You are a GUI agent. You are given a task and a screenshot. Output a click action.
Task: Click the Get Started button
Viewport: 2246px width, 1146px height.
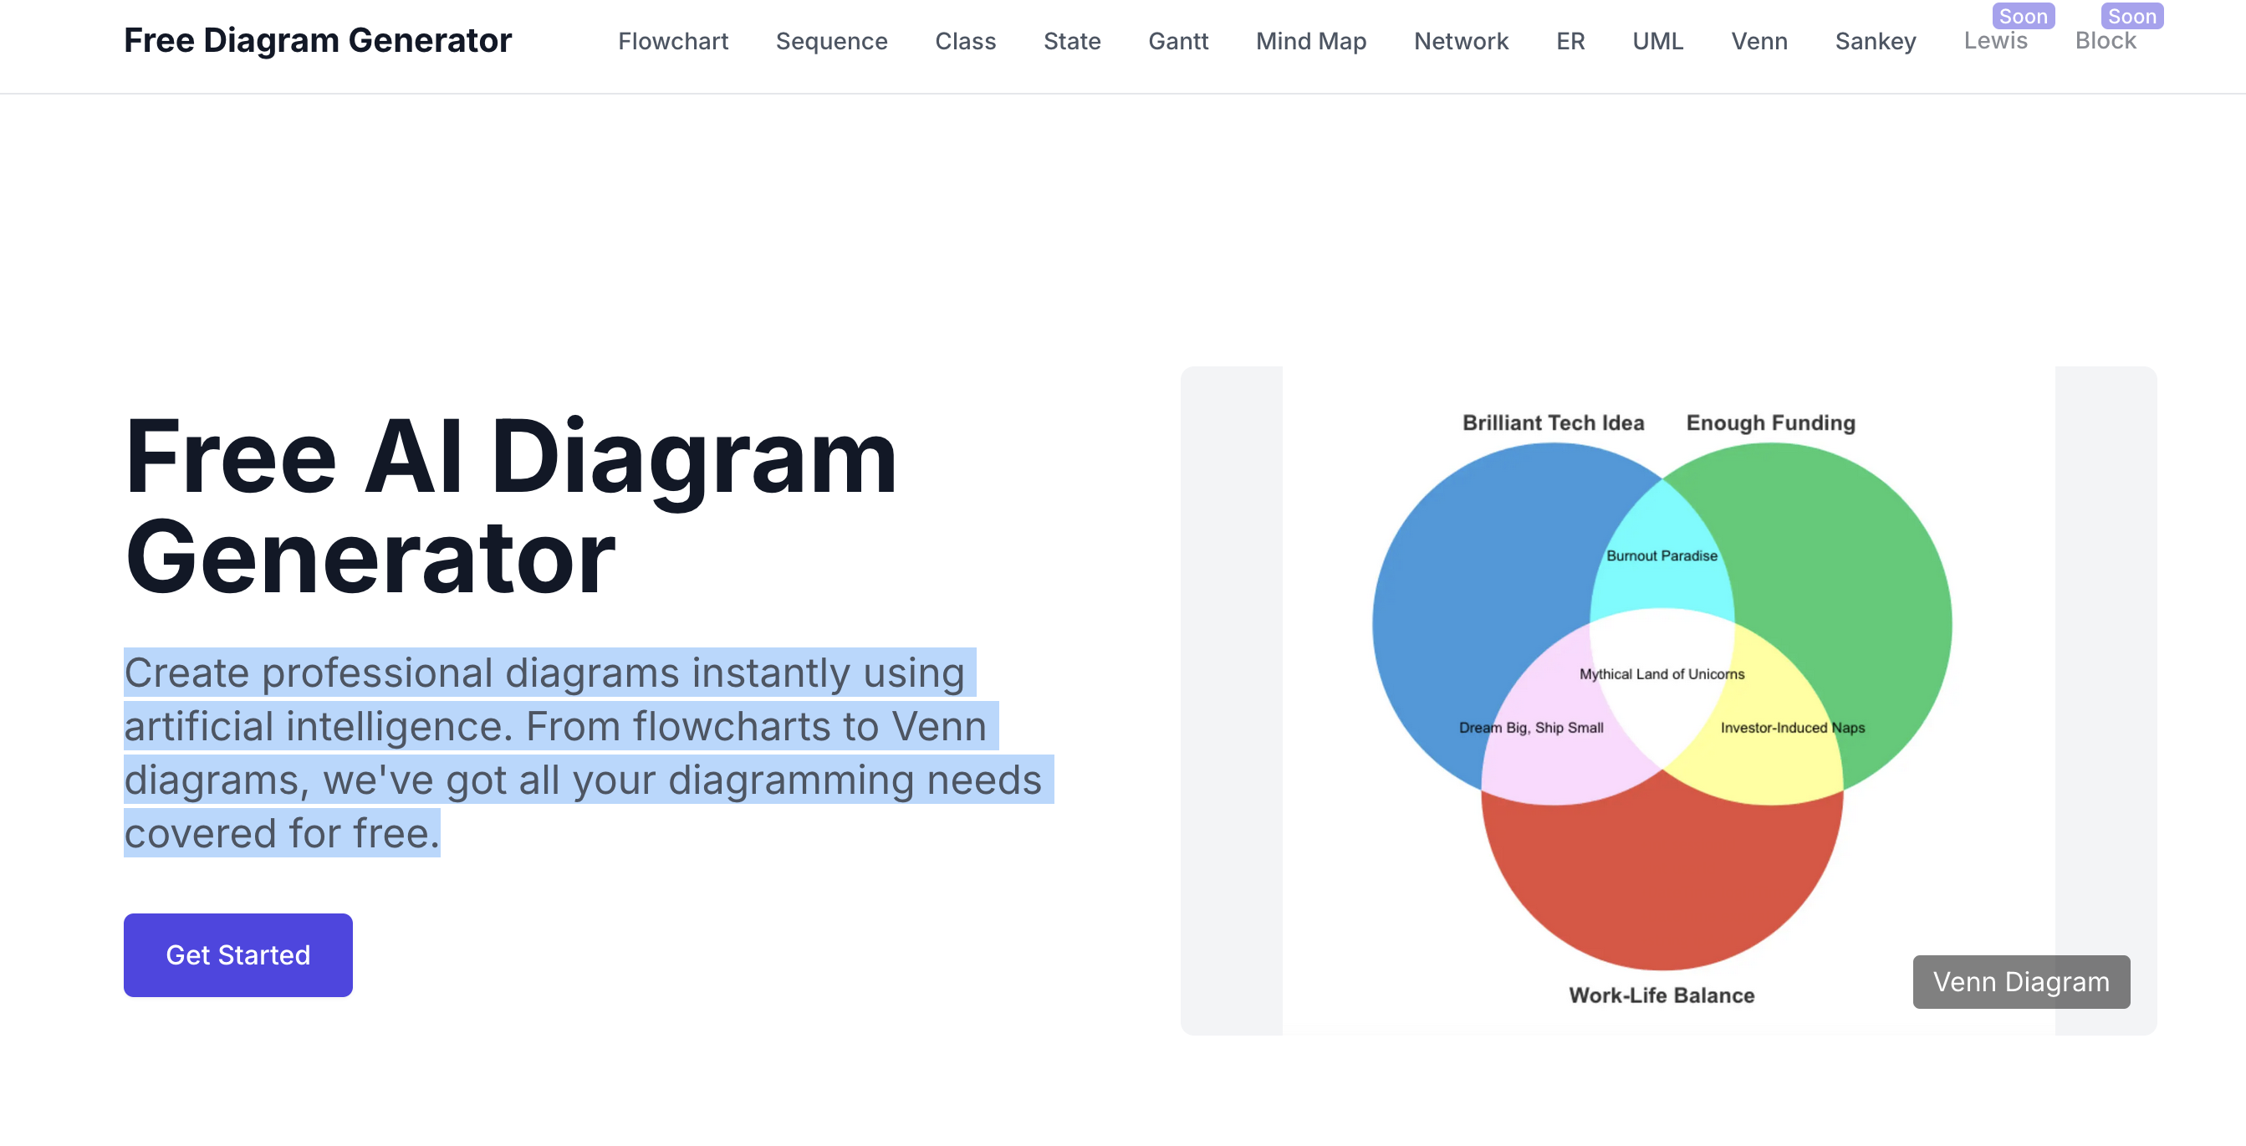click(x=238, y=954)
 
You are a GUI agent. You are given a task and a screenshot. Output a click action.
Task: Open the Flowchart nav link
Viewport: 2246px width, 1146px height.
click(x=673, y=41)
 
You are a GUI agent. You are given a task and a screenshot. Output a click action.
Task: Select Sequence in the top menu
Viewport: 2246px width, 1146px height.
click(x=832, y=41)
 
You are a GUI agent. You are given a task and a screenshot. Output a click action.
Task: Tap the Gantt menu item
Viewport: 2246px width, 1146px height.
click(x=1178, y=41)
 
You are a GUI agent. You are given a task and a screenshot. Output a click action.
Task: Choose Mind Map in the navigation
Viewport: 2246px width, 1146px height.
click(x=1311, y=41)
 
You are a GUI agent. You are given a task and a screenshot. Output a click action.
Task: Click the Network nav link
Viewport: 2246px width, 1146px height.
click(x=1462, y=41)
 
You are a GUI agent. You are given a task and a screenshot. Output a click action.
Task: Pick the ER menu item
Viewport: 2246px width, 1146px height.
click(x=1570, y=41)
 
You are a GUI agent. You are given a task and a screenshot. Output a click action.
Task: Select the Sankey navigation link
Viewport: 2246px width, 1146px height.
click(x=1876, y=41)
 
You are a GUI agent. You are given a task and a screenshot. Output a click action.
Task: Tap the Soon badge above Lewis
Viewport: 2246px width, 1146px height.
click(x=2023, y=17)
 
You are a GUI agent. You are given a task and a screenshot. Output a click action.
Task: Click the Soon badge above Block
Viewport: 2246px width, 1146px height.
click(x=2131, y=17)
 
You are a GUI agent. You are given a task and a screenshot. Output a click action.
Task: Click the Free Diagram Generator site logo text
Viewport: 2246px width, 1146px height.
click(x=318, y=40)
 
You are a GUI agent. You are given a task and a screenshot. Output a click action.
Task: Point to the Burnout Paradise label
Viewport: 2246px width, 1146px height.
click(x=1662, y=555)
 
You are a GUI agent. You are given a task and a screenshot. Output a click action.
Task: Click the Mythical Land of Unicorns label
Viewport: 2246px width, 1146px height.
click(x=1662, y=673)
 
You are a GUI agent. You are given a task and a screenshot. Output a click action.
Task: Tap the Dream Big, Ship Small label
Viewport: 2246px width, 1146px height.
click(x=1531, y=728)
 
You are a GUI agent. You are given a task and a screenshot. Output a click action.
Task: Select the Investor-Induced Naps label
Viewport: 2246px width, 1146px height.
click(x=1793, y=728)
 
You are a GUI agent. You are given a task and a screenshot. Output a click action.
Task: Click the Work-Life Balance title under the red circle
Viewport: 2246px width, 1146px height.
click(x=1662, y=995)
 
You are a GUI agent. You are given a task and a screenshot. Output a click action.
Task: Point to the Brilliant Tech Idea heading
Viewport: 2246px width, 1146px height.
click(x=1553, y=423)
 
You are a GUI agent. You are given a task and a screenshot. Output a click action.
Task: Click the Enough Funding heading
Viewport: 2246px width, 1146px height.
click(x=1771, y=423)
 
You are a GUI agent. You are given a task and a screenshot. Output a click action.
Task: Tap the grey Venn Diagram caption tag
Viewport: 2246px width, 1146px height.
click(x=2021, y=981)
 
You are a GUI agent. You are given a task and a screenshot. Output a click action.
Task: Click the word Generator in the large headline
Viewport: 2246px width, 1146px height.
click(x=370, y=557)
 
